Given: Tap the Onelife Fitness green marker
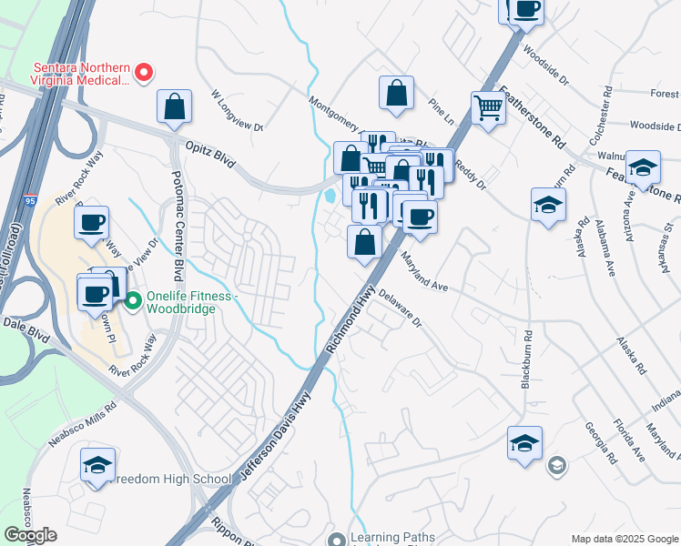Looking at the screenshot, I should pyautogui.click(x=133, y=298).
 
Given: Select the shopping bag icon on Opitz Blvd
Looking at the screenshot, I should pyautogui.click(x=174, y=106).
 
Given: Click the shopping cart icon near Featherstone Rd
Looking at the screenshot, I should pyautogui.click(x=489, y=108).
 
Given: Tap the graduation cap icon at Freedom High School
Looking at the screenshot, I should pyautogui.click(x=97, y=466).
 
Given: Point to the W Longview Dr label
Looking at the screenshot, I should pyautogui.click(x=237, y=110).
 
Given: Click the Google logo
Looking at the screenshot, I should pyautogui.click(x=30, y=534).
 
